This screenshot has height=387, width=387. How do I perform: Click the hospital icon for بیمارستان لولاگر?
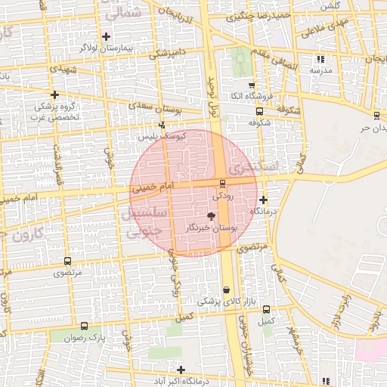(106, 36)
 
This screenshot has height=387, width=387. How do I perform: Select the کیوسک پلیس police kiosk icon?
(161, 125)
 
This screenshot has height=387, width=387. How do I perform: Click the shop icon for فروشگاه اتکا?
(252, 85)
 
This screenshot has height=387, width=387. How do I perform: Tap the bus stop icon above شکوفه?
(260, 110)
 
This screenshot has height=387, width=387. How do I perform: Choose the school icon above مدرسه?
(320, 59)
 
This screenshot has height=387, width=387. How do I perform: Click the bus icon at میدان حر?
(376, 116)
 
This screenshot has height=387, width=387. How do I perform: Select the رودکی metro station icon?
(221, 184)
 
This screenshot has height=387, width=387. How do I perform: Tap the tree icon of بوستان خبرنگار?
(221, 216)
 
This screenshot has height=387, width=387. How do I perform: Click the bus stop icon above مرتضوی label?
(68, 261)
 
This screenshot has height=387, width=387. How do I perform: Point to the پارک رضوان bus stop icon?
(83, 327)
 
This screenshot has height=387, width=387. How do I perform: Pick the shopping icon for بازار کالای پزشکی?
(227, 290)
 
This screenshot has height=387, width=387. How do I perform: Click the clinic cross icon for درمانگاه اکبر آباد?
(180, 369)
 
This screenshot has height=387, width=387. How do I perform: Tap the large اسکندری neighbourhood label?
(253, 166)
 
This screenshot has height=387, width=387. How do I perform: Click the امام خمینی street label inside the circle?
(153, 186)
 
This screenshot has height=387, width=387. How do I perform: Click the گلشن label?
(330, 6)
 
